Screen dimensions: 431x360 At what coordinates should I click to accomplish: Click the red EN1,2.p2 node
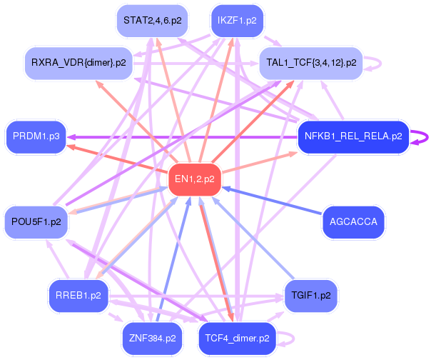tap(195, 179)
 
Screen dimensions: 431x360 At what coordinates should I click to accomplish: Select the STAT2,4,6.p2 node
tap(152, 21)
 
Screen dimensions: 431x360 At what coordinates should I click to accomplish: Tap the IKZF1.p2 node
tap(237, 21)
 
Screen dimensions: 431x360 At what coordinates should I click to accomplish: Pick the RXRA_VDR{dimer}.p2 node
tap(78, 63)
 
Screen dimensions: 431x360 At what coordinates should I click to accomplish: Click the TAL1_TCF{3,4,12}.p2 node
tap(311, 63)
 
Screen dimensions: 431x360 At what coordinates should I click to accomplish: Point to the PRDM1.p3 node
tap(36, 136)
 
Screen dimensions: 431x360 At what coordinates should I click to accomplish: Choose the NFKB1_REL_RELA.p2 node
tap(353, 136)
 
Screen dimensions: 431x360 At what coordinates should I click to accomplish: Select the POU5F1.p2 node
tap(36, 222)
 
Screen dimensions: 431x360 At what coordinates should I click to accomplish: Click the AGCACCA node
tap(353, 222)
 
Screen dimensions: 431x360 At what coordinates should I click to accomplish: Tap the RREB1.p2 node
tap(78, 296)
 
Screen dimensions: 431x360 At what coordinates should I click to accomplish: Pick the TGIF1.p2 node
tap(311, 296)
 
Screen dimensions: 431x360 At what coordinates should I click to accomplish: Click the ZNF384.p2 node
tap(152, 339)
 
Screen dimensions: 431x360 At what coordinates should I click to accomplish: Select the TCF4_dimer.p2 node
tap(237, 339)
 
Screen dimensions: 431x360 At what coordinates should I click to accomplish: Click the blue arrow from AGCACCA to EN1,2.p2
tap(272, 201)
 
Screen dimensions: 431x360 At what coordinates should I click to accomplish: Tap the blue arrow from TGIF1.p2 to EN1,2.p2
tap(253, 238)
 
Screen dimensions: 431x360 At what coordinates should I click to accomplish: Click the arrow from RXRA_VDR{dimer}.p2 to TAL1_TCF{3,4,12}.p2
tap(196, 64)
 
